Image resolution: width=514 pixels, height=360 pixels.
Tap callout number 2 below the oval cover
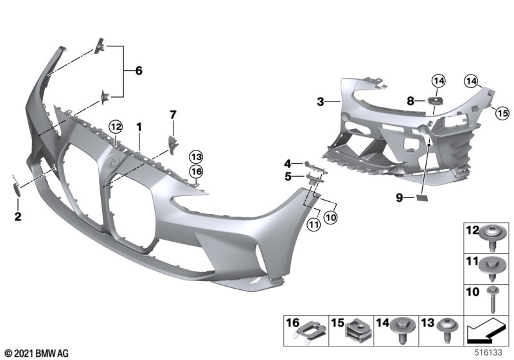18,217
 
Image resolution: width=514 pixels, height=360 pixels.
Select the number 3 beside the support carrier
319,101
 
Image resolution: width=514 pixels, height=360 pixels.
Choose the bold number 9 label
400,199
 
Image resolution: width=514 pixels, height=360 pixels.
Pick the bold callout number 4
288,163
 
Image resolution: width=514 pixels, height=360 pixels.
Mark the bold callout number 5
288,175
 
